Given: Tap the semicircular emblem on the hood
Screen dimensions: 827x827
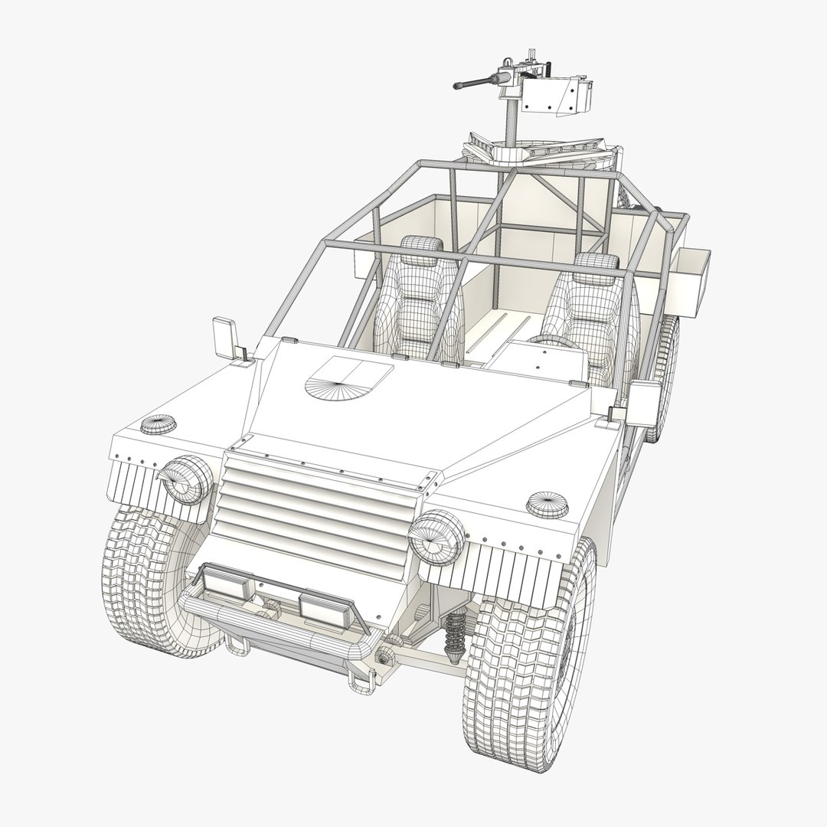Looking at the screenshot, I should (x=348, y=378).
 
